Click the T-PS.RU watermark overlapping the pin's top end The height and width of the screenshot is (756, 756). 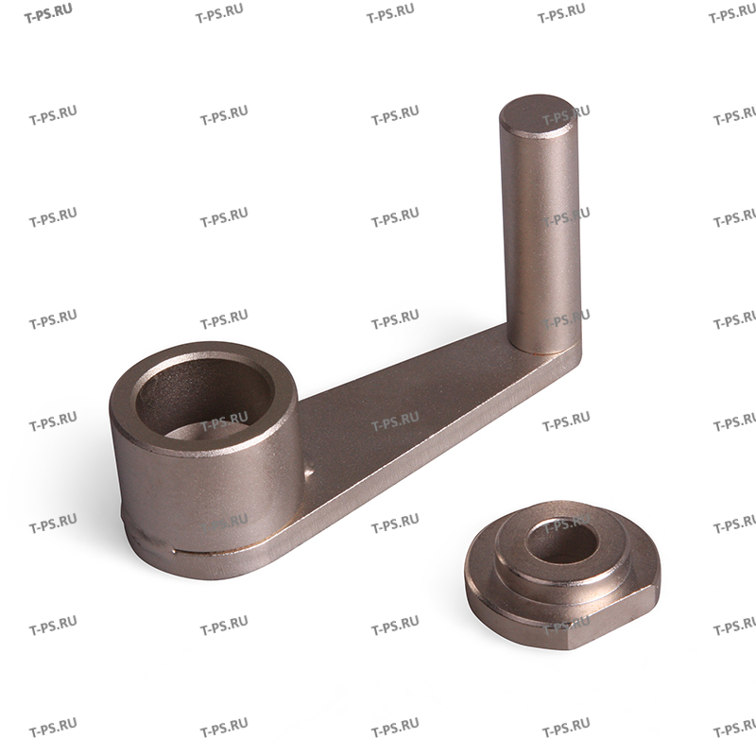click(x=566, y=118)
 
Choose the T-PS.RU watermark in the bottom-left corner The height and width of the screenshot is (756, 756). click(x=53, y=730)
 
